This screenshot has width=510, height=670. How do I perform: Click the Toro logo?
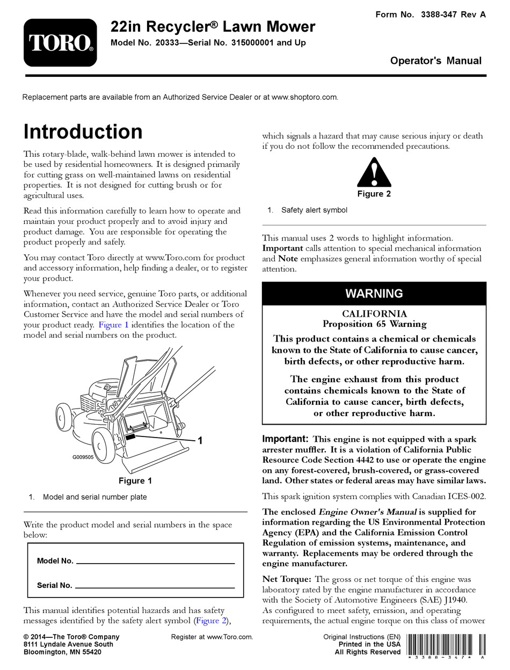click(x=60, y=42)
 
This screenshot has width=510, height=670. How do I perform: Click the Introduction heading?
click(x=83, y=132)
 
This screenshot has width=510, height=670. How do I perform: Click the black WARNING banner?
click(x=374, y=294)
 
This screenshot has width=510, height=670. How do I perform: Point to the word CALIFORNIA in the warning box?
click(x=374, y=314)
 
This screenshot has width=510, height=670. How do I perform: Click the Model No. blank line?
click(x=156, y=562)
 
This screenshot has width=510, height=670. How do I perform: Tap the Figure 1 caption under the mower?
click(x=135, y=480)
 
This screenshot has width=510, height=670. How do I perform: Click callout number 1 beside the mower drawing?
click(x=200, y=441)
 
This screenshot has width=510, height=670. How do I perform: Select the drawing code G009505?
click(x=83, y=458)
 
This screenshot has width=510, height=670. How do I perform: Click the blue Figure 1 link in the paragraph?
click(x=113, y=325)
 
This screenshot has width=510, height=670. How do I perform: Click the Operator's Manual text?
click(x=435, y=61)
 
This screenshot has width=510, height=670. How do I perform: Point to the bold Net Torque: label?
click(x=286, y=579)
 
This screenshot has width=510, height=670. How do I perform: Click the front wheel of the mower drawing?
click(x=105, y=443)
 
